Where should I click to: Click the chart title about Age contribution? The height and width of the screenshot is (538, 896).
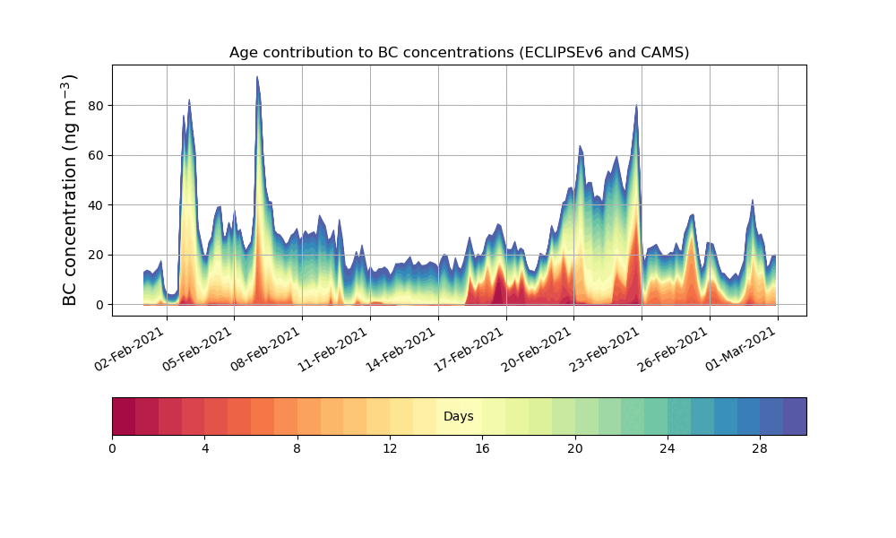[x=459, y=52]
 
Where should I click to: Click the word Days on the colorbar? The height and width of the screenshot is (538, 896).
[x=459, y=417]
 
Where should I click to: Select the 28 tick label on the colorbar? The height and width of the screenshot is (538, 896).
[x=760, y=448]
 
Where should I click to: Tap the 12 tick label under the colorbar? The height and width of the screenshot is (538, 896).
[x=390, y=448]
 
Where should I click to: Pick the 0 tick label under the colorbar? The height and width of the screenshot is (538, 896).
[x=112, y=448]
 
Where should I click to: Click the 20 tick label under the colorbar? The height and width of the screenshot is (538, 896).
[x=574, y=448]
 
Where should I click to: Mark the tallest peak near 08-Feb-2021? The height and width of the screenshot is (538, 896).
[x=257, y=77]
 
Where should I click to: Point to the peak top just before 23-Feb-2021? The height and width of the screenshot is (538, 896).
[x=636, y=106]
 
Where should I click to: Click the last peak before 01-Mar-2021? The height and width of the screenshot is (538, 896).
[x=753, y=201]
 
